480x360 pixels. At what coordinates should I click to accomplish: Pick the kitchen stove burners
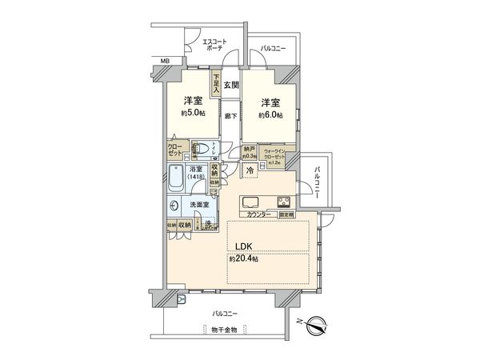click(x=285, y=202)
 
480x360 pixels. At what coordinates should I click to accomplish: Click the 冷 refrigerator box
click(x=250, y=172)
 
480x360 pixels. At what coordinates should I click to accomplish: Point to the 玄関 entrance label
click(x=231, y=84)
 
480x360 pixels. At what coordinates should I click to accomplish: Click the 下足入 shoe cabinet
click(x=216, y=83)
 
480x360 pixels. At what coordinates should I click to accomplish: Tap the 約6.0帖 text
click(x=270, y=114)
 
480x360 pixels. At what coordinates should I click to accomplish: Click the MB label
click(x=165, y=61)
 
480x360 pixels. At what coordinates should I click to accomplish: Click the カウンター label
click(x=258, y=215)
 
